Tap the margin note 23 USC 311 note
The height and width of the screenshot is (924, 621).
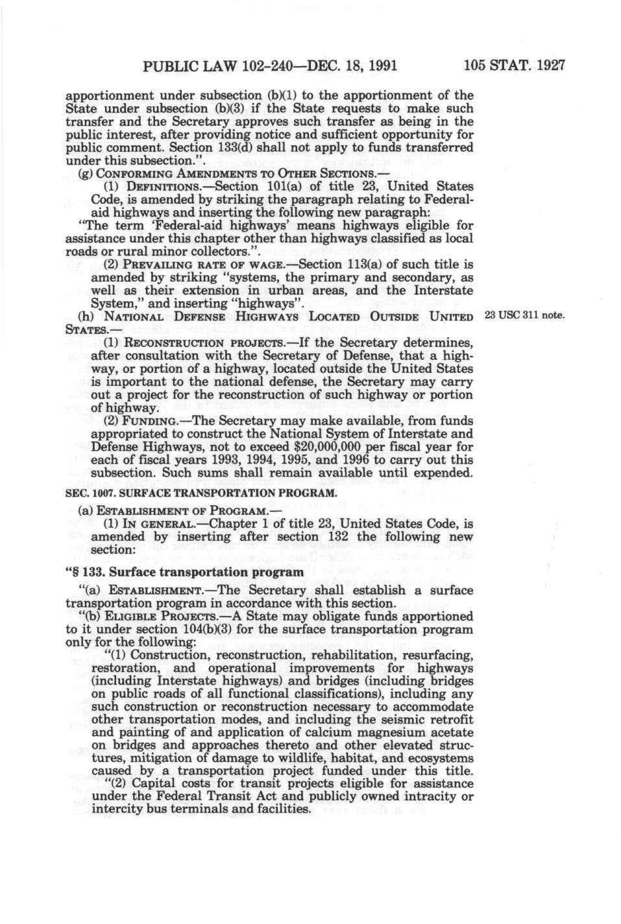[x=526, y=316]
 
